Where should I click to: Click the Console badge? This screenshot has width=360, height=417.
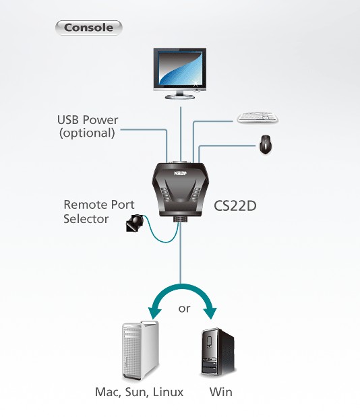point(88,28)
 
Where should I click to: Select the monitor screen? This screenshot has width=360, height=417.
point(180,68)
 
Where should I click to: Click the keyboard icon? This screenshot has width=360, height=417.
point(258,117)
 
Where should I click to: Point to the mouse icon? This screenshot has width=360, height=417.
point(265,144)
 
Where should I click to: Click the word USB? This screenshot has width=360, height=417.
point(67,120)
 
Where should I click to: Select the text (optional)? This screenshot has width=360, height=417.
point(87,133)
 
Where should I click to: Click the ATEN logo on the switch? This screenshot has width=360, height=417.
point(181,173)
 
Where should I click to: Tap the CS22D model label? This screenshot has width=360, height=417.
point(235,206)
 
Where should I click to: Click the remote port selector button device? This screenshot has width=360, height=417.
point(135,223)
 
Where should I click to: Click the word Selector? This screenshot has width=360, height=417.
point(86,219)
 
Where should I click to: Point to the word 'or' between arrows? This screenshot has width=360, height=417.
point(185,309)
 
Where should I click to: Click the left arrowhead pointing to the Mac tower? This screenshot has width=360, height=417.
point(154,313)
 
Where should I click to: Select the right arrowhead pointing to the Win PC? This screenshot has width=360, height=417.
point(210,313)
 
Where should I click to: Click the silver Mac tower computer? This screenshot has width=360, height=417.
point(140,351)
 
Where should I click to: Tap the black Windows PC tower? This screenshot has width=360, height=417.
point(218,352)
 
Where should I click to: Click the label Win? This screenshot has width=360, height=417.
point(221,392)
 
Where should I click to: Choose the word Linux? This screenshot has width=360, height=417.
point(168,392)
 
